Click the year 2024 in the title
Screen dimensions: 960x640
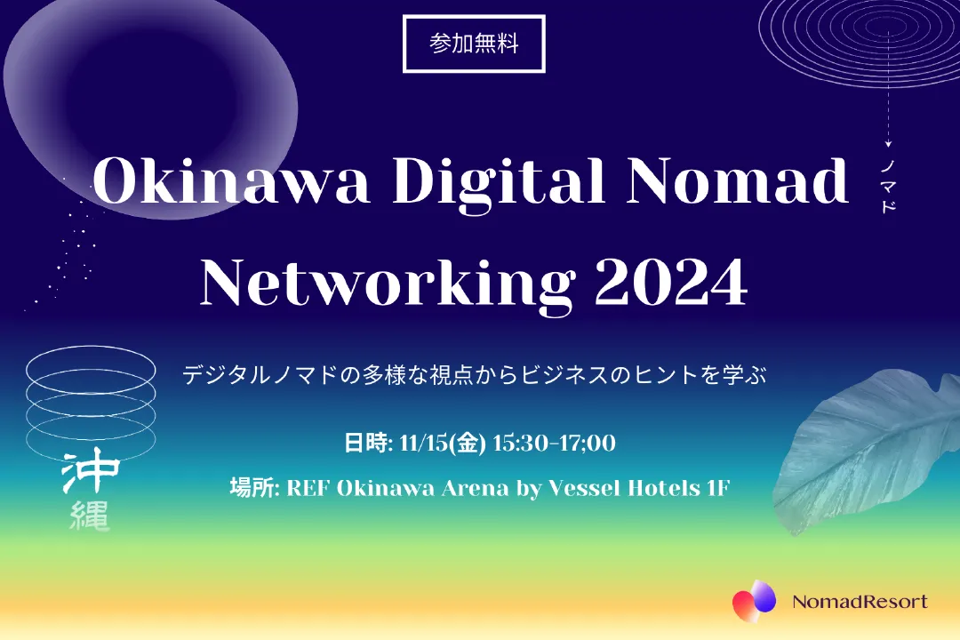[x=671, y=283]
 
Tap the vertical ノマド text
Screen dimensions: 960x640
[x=888, y=186]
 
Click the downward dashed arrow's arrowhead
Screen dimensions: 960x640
[x=888, y=145]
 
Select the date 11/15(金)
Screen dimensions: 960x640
[x=442, y=442]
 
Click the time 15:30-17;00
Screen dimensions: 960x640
[x=554, y=442]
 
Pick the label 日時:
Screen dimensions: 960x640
[x=368, y=442]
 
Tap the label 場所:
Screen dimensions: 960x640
[x=255, y=488]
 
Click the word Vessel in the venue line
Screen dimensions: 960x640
[x=583, y=488]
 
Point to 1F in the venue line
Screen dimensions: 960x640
[x=718, y=488]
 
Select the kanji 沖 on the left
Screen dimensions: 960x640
[x=90, y=472]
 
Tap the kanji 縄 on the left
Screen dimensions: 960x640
[x=90, y=516]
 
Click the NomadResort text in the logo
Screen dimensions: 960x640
[x=860, y=602]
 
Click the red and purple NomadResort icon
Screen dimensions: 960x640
[x=755, y=601]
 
